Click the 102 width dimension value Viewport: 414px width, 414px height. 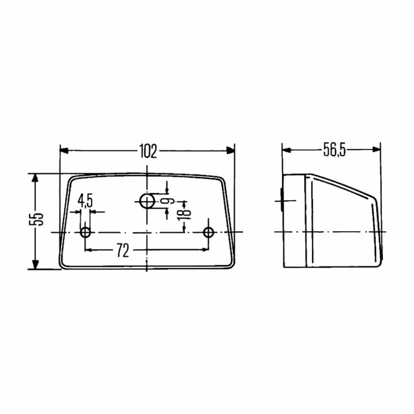click(148, 151)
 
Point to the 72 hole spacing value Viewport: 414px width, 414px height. click(123, 250)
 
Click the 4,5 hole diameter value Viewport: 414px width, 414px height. click(85, 201)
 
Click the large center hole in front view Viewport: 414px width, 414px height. click(147, 201)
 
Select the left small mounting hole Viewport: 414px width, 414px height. click(85, 232)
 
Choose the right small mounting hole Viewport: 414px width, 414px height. click(208, 232)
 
